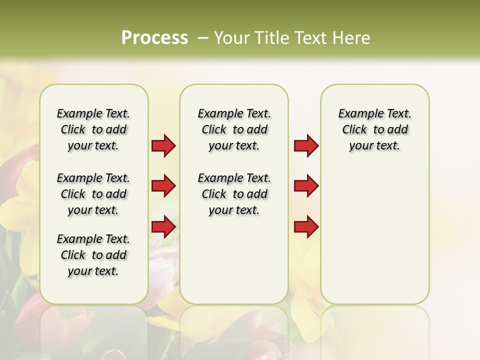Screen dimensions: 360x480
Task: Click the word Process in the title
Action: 154,37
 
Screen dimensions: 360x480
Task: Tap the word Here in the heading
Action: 351,38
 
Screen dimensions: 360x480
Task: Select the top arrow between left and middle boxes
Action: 163,146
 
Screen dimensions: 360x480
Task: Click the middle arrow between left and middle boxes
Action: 163,186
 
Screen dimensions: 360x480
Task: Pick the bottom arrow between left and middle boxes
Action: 163,226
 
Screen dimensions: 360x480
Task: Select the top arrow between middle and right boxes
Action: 306,146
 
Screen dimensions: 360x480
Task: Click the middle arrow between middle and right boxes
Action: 306,186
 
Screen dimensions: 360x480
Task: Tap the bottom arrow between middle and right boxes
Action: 306,226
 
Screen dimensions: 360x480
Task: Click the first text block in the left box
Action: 93,129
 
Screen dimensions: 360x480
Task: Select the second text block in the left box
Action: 93,194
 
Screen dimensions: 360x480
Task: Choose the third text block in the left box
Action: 93,255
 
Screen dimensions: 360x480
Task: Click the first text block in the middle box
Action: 234,129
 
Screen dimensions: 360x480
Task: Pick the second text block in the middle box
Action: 234,194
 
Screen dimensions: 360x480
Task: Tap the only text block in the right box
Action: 375,129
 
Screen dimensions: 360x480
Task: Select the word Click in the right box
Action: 354,130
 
